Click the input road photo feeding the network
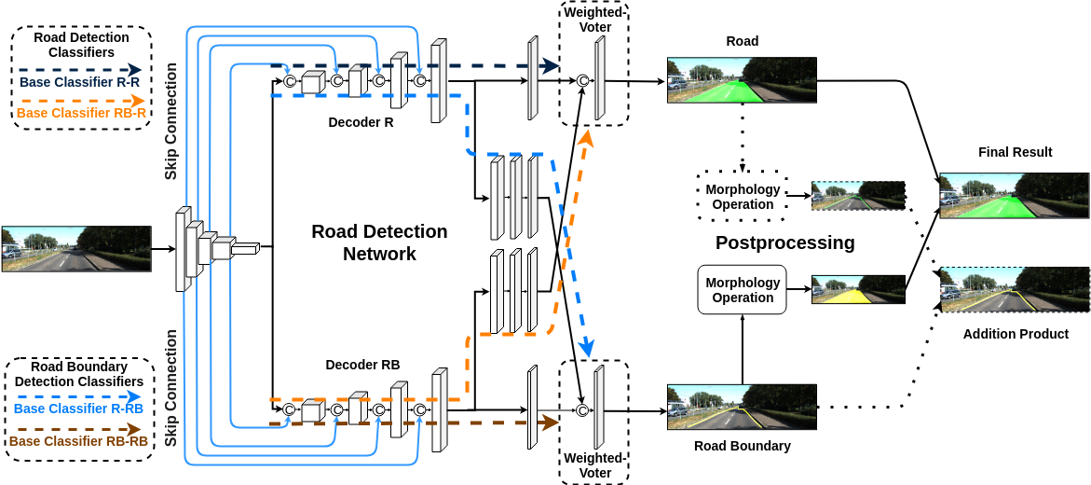point(76,248)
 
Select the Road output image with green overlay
point(742,79)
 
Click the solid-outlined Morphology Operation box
point(742,290)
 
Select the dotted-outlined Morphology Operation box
point(742,197)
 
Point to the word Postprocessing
point(784,243)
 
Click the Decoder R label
point(361,122)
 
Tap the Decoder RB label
point(362,366)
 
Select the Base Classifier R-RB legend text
point(79,409)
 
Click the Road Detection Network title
point(379,242)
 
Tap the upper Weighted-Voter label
point(593,20)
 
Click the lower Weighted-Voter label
point(593,465)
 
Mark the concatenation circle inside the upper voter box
point(583,81)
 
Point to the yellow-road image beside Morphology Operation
point(858,289)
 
